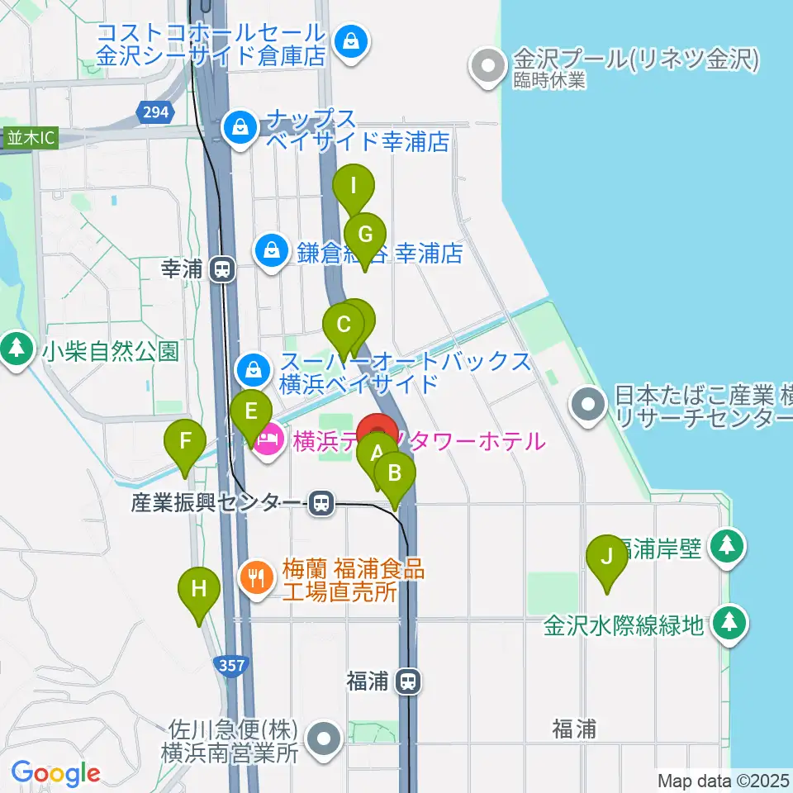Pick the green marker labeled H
point(199,590)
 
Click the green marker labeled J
point(607,557)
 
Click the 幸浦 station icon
point(221,268)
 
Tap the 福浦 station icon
point(407,681)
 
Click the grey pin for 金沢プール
point(488,64)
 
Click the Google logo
point(55,773)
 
